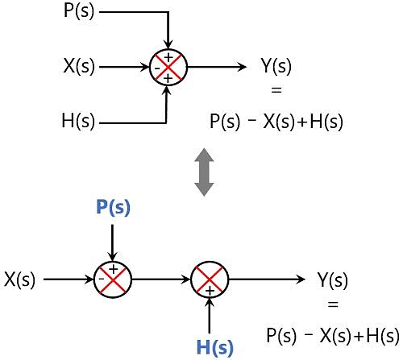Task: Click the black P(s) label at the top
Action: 79,13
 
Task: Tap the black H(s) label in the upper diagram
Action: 78,122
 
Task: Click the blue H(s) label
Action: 214,348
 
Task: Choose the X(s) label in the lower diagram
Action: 20,280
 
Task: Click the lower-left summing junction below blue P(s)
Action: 113,280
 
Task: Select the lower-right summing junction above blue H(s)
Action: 210,280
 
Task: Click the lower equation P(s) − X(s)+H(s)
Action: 333,334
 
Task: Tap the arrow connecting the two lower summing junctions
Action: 161,280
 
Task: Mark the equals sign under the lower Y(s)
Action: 333,307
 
